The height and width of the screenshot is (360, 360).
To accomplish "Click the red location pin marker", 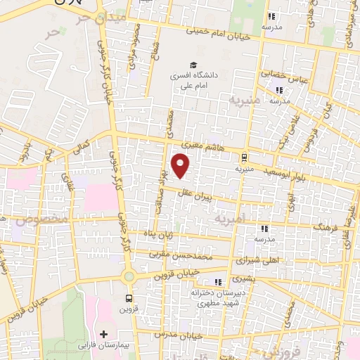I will click(181, 165).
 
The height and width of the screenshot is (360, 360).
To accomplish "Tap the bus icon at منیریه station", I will click(244, 157).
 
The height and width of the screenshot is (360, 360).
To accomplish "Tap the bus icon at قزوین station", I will click(129, 297).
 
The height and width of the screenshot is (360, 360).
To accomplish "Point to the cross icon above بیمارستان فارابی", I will click(104, 333).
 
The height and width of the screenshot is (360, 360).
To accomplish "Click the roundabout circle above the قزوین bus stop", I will click(129, 277).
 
